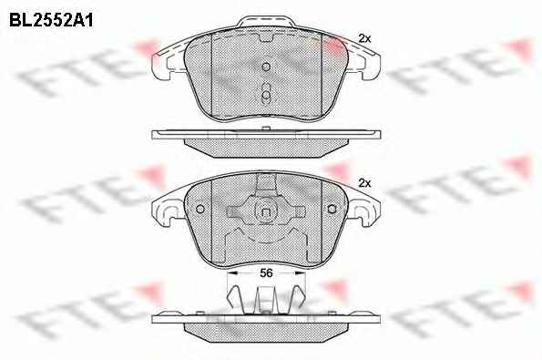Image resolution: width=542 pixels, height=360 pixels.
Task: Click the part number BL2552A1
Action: click(x=51, y=20)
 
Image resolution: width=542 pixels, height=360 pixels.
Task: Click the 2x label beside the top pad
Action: click(x=364, y=38)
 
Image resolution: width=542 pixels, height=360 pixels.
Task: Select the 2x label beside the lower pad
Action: click(x=364, y=183)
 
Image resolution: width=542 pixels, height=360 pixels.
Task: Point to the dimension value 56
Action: click(x=266, y=273)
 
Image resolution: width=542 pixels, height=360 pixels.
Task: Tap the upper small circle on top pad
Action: click(x=266, y=67)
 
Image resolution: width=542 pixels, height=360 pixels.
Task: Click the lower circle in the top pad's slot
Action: click(x=266, y=95)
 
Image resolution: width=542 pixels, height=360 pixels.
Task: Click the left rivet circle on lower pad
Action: click(x=200, y=209)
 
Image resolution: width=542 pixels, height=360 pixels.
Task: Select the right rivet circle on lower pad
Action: click(x=332, y=209)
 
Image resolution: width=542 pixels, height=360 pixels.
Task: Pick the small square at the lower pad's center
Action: click(x=266, y=212)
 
